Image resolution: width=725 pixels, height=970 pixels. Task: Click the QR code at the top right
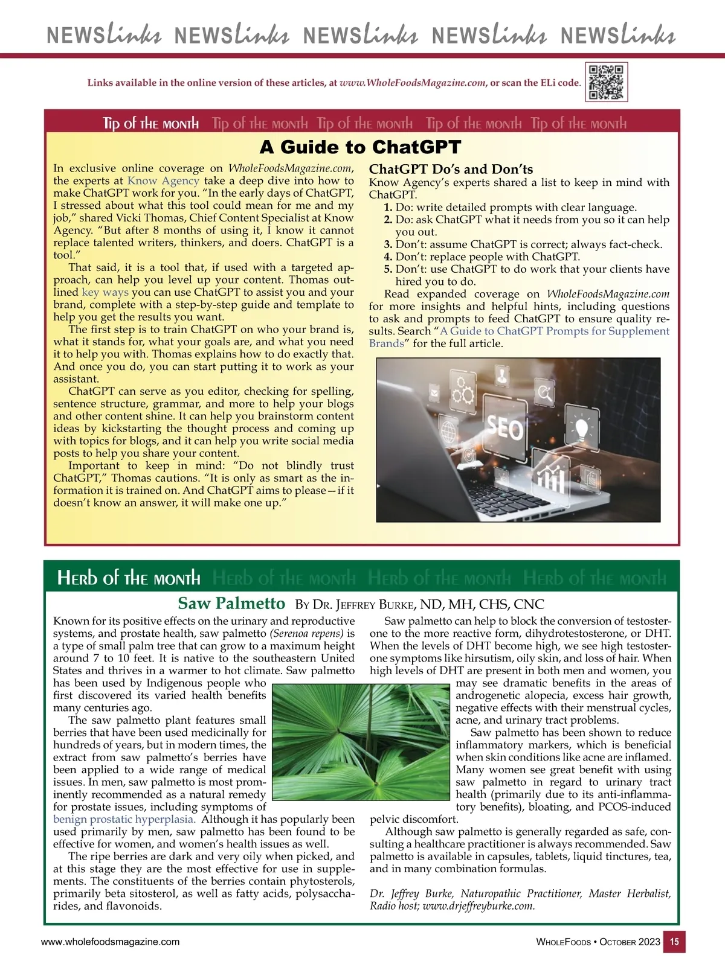click(x=607, y=81)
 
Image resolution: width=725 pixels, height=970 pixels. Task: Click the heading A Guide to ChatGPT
click(x=360, y=147)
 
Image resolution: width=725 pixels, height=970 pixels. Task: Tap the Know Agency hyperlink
click(x=163, y=180)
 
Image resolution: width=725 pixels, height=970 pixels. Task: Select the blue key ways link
click(x=105, y=292)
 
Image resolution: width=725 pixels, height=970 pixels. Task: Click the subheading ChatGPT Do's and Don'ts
click(x=451, y=169)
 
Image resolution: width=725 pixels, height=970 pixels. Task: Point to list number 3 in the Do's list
click(x=388, y=244)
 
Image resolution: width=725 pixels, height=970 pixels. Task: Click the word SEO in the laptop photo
click(x=504, y=429)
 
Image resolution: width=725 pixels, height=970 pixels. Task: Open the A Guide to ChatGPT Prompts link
click(x=555, y=331)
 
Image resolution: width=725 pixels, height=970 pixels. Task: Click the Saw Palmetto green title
click(x=231, y=603)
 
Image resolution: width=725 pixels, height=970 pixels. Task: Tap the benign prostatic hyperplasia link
click(x=124, y=819)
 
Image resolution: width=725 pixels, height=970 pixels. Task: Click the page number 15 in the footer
click(x=674, y=942)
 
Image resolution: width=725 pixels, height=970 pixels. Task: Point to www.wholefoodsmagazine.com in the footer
click(x=110, y=942)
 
